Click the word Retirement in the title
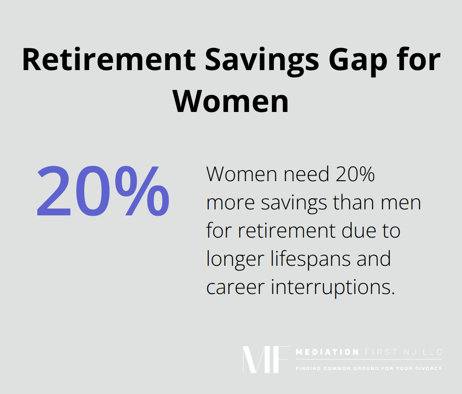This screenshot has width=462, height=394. (x=109, y=59)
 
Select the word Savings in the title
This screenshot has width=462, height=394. (x=262, y=62)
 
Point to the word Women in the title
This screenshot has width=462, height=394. (x=231, y=101)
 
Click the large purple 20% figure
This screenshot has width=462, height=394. (x=103, y=191)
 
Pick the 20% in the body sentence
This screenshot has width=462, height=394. (x=355, y=174)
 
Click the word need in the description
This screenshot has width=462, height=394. (x=306, y=174)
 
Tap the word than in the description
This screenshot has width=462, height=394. (x=353, y=202)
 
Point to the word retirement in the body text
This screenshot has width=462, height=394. (x=287, y=230)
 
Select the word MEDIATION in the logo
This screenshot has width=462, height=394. (x=327, y=352)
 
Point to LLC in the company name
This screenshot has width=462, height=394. (x=432, y=352)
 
